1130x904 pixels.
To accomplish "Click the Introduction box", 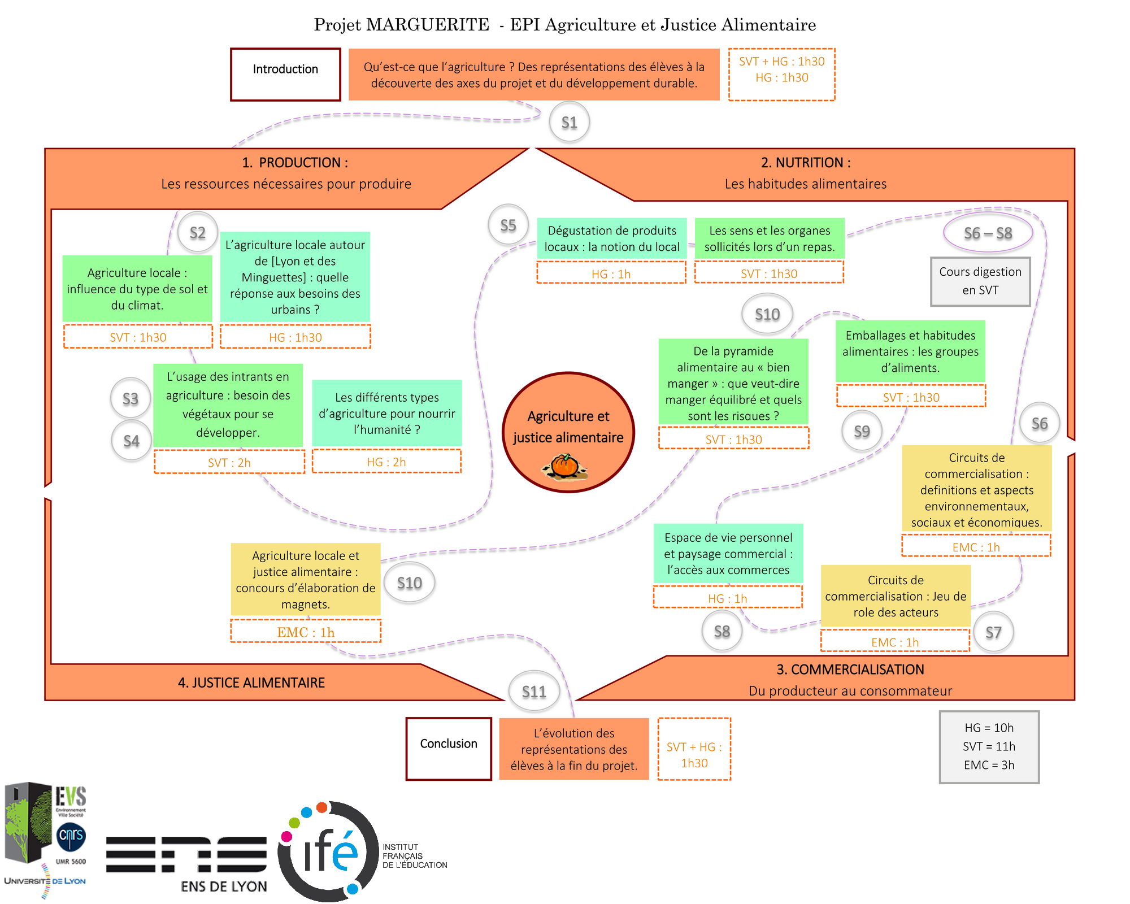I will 285,74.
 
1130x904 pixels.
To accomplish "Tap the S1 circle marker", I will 570,122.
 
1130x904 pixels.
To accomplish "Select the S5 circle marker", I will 508,225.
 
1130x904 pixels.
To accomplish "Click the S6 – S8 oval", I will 988,233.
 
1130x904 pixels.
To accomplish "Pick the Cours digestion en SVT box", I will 980,281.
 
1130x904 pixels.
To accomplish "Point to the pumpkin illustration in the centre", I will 564,467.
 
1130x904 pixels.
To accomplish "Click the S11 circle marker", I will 534,692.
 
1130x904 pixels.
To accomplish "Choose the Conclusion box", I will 449,749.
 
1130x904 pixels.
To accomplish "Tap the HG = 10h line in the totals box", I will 989,728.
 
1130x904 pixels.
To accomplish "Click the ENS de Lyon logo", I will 187,862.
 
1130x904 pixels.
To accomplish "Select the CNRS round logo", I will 71,836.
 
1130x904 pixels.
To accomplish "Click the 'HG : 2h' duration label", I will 386,462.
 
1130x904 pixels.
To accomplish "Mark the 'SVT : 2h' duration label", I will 229,462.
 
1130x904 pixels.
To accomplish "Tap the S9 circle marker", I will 862,431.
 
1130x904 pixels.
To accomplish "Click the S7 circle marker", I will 993,632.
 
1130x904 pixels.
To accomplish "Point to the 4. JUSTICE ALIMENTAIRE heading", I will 251,683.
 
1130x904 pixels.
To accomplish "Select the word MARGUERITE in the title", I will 428,25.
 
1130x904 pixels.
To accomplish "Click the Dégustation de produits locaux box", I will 612,238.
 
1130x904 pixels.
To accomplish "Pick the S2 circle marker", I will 198,232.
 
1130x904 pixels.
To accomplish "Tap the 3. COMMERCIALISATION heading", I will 850,670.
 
